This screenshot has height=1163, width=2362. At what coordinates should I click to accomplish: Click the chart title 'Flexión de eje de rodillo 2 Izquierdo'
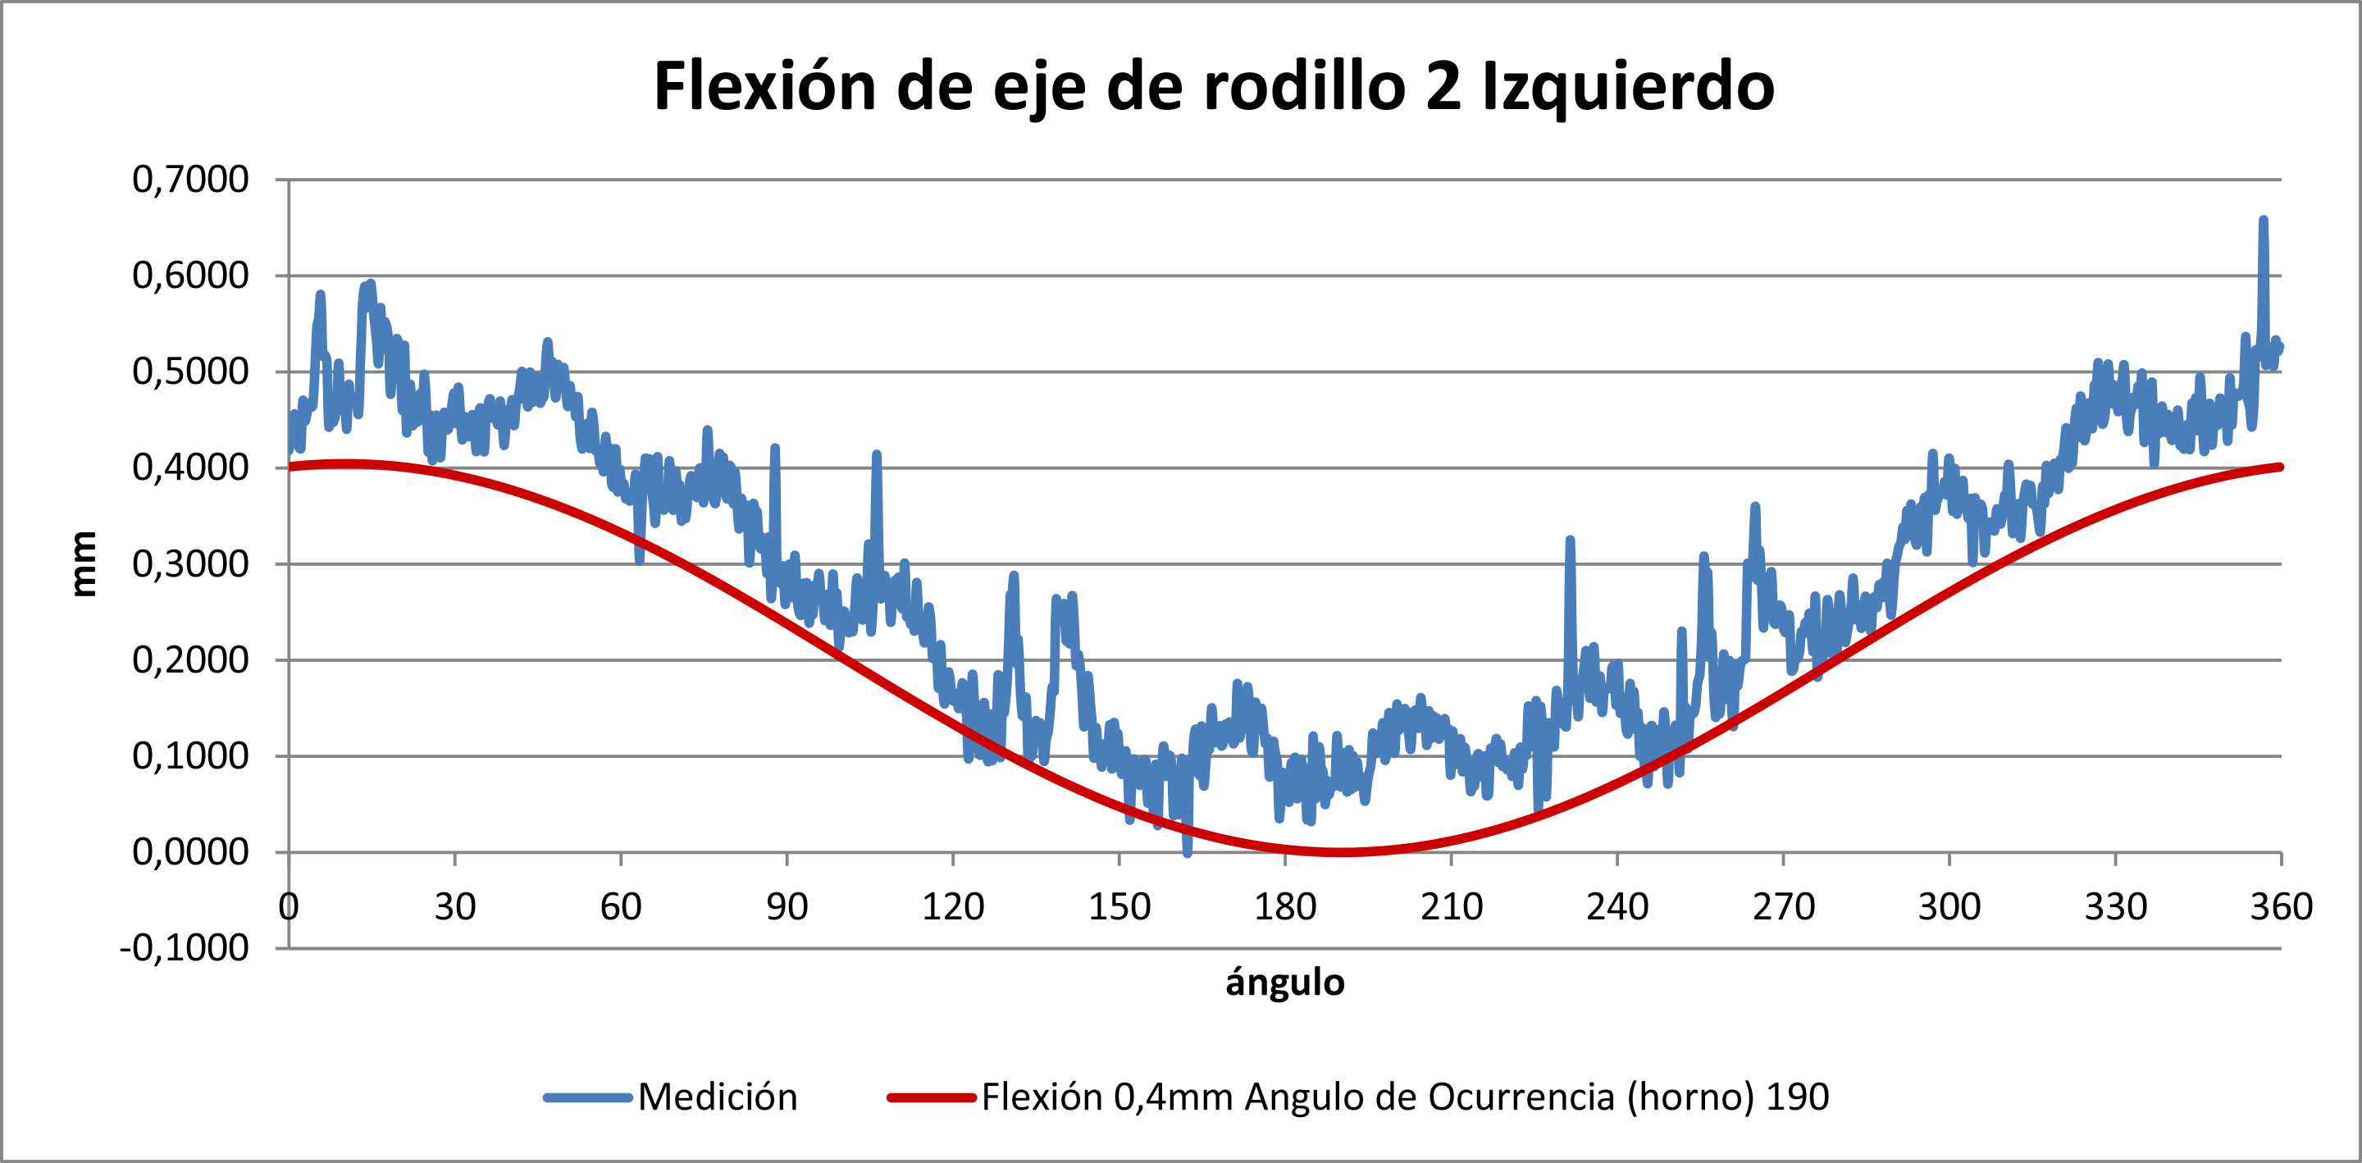coord(1213,86)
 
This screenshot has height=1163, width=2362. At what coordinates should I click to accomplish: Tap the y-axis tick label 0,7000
coord(191,179)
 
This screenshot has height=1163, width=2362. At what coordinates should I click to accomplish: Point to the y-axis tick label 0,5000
coord(191,372)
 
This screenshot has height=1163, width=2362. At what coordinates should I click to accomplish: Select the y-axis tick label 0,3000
coord(191,564)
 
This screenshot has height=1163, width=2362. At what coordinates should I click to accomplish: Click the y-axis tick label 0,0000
coord(191,852)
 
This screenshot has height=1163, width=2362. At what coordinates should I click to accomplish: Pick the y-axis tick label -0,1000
coord(185,947)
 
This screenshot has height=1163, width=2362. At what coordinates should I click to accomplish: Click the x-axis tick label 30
coord(455,907)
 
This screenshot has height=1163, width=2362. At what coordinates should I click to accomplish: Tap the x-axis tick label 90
coord(787,907)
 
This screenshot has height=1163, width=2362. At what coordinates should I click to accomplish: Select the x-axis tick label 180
coord(1284,907)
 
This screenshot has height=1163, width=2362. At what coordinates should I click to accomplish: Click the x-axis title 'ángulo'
coord(1284,983)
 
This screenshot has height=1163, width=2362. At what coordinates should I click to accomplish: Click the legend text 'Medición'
coord(717,1097)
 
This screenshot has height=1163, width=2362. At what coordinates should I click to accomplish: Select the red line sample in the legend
coord(931,1097)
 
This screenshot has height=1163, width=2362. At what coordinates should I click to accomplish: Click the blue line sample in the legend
coord(587,1097)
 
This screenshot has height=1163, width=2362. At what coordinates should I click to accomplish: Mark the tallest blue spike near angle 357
coord(2263,220)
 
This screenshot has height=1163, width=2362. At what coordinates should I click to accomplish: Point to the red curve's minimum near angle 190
coord(1341,852)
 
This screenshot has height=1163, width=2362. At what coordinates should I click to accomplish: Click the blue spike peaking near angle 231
coord(1570,540)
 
